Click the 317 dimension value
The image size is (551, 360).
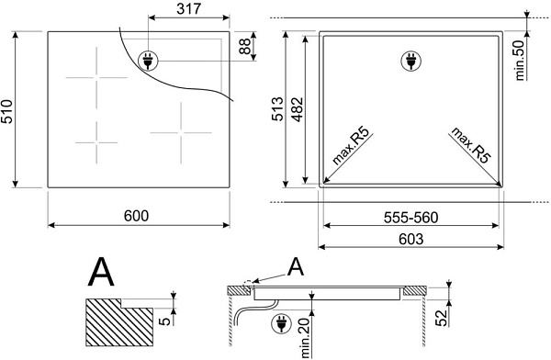click(188, 9)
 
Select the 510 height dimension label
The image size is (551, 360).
click(6, 112)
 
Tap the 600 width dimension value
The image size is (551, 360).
click(136, 216)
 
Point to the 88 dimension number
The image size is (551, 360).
click(244, 46)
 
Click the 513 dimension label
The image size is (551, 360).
click(277, 108)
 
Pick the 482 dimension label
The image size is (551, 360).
click(298, 109)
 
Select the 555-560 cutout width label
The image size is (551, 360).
click(410, 218)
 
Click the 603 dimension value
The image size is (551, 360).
click(411, 240)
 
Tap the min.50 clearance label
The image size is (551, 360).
click(520, 60)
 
